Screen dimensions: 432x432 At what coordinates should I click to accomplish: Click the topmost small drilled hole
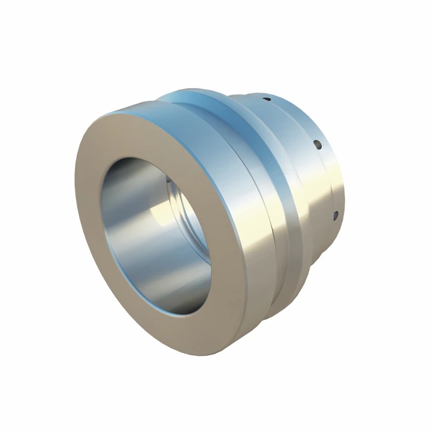click(266, 99)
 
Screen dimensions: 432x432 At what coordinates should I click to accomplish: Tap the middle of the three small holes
click(317, 144)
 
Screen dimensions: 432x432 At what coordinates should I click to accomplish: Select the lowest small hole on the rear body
click(335, 215)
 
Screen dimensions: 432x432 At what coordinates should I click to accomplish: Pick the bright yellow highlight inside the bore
click(162, 216)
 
